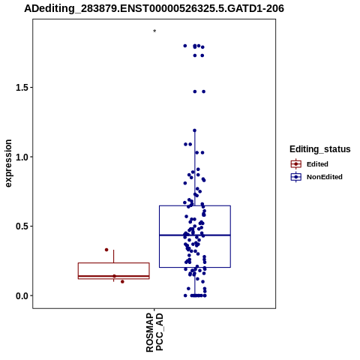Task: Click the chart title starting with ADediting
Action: [x=154, y=8]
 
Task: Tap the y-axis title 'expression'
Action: [x=8, y=163]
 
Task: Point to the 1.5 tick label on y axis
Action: [x=20, y=88]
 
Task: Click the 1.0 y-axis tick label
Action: [x=20, y=157]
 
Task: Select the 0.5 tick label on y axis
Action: [x=20, y=226]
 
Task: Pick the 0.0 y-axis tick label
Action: [x=20, y=295]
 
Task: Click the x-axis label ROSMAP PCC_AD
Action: [x=154, y=332]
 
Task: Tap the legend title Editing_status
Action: [x=320, y=149]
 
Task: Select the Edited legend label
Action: [x=317, y=164]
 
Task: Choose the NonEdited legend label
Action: [x=325, y=177]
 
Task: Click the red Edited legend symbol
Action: [x=296, y=164]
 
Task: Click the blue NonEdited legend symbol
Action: [x=296, y=177]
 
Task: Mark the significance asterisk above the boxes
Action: [x=154, y=31]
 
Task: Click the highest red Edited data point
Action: [x=106, y=250]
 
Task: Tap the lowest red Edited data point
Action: [x=122, y=282]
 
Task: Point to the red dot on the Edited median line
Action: [x=115, y=276]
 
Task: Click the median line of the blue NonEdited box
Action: [x=195, y=235]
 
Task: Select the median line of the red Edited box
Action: [x=114, y=276]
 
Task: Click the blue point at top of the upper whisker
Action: [x=195, y=130]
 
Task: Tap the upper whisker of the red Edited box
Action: [x=114, y=256]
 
